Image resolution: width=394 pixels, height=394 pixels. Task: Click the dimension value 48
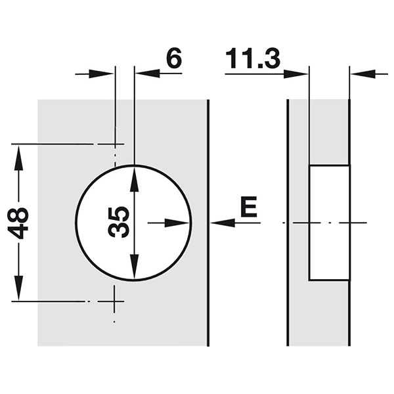click(x=18, y=223)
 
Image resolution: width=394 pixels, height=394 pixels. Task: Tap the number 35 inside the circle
click(x=119, y=222)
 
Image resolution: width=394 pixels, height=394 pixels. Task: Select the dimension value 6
click(x=174, y=58)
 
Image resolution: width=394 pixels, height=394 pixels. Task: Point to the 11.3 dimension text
click(x=253, y=58)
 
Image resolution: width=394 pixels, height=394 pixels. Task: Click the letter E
click(x=249, y=207)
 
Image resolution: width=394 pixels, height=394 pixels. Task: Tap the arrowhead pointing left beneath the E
click(x=223, y=223)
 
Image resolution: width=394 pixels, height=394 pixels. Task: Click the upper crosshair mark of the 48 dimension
click(x=115, y=144)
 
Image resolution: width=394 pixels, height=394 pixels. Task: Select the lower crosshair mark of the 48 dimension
click(x=114, y=301)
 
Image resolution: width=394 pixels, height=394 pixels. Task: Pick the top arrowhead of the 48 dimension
click(x=18, y=158)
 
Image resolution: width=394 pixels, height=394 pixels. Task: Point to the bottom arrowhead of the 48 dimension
click(x=18, y=288)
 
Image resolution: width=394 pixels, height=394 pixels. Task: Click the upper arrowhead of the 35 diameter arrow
click(x=135, y=180)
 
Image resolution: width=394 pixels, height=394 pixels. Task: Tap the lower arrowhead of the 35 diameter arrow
click(x=135, y=267)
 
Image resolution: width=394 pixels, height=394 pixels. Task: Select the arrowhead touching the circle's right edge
click(x=177, y=223)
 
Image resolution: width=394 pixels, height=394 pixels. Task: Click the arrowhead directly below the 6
click(x=148, y=74)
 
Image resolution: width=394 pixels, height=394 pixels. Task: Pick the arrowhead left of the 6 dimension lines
click(x=101, y=74)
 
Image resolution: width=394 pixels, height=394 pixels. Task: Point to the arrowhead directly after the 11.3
click(x=296, y=74)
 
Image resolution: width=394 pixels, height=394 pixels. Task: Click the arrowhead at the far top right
click(x=363, y=74)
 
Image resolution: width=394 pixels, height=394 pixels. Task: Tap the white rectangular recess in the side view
click(x=329, y=223)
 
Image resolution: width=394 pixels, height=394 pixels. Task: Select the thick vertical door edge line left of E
click(x=208, y=223)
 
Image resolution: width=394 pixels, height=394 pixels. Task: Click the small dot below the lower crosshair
click(x=114, y=321)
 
